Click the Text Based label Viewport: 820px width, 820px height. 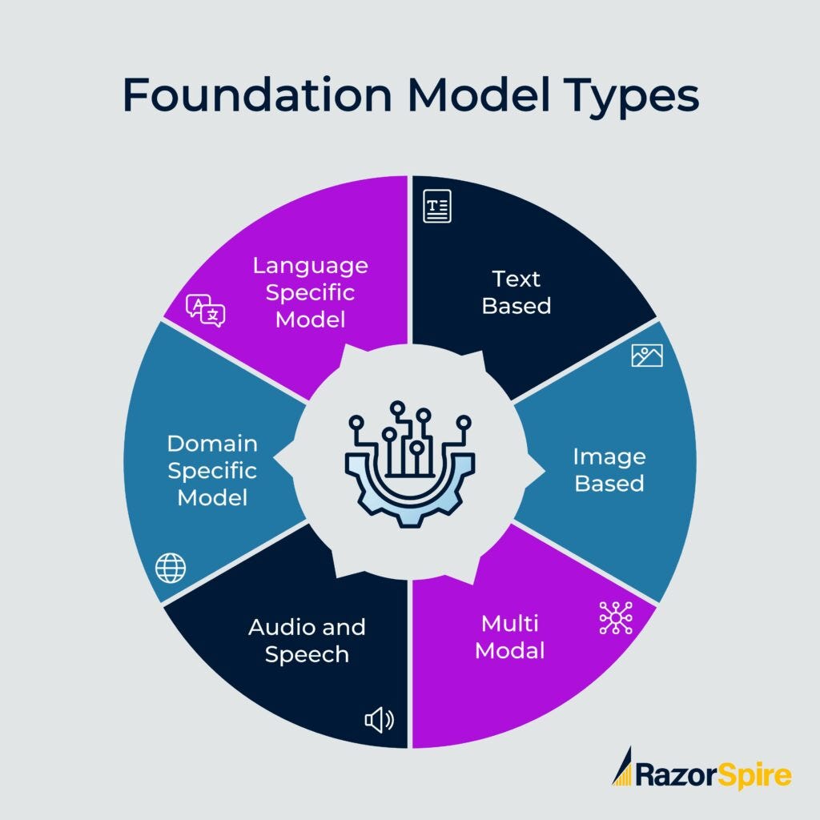click(517, 292)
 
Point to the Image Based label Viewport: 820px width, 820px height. click(609, 470)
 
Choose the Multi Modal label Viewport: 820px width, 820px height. click(510, 637)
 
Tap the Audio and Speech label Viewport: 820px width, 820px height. click(307, 640)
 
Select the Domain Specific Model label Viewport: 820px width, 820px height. click(212, 470)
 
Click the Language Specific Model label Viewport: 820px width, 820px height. click(310, 292)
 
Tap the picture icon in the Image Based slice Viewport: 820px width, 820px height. click(647, 355)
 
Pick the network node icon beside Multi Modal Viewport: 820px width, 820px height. click(615, 618)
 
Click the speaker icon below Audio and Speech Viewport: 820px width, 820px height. click(379, 721)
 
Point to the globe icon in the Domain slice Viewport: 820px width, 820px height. click(170, 569)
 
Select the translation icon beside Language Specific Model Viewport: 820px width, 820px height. click(206, 311)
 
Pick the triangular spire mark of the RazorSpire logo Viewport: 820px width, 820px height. click(622, 766)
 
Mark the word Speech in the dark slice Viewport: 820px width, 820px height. click(307, 654)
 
